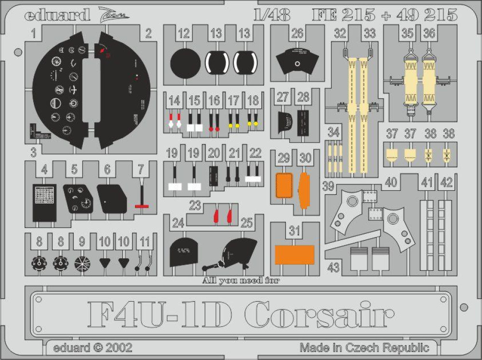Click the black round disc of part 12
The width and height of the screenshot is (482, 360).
tap(186, 63)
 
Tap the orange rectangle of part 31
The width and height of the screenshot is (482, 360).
tap(295, 254)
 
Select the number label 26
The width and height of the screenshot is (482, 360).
tap(297, 34)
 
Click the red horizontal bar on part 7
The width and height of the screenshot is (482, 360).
tap(141, 206)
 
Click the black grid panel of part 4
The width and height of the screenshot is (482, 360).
tap(44, 202)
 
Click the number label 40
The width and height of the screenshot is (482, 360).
tap(391, 182)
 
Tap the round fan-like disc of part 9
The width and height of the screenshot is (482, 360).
tap(82, 264)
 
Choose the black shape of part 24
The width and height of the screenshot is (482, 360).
tap(185, 253)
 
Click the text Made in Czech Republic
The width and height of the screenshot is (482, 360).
tap(364, 347)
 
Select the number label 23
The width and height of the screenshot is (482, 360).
tap(195, 206)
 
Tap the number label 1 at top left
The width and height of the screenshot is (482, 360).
tap(34, 34)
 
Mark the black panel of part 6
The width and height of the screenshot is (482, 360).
tap(112, 199)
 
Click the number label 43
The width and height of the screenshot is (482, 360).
tap(334, 268)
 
